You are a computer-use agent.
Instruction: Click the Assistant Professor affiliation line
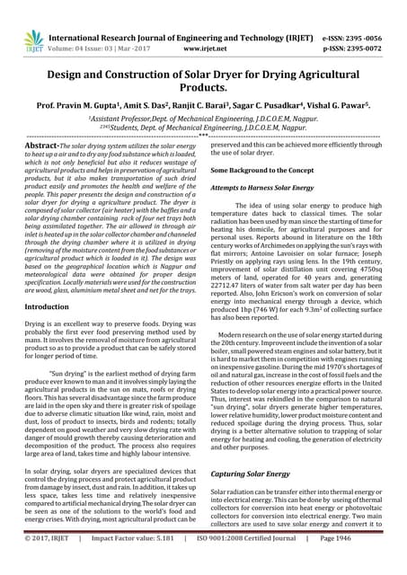pos(203,119)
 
